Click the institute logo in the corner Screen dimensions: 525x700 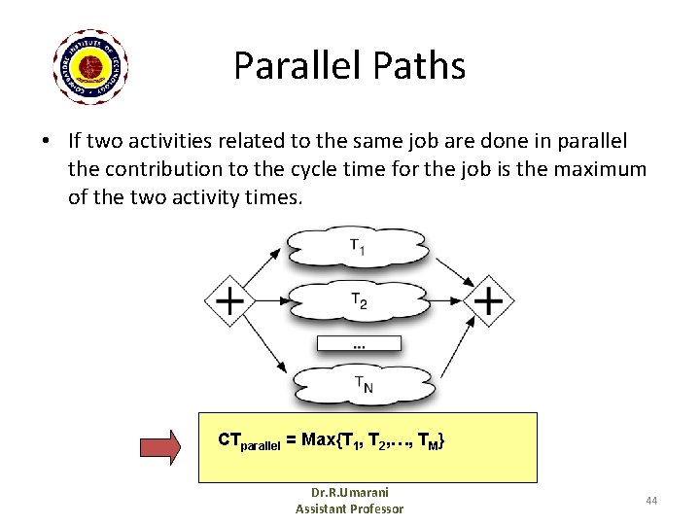click(x=90, y=66)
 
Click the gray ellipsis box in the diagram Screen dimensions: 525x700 click(x=359, y=343)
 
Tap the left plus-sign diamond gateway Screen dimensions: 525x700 click(x=229, y=301)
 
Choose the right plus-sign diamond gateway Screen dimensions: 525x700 click(x=488, y=301)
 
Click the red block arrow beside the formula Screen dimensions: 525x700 click(x=160, y=446)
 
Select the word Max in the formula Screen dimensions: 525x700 click(x=319, y=440)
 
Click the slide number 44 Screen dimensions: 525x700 click(x=651, y=501)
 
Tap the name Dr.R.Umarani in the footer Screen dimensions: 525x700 click(x=349, y=492)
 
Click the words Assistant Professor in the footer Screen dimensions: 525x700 click(x=349, y=508)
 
